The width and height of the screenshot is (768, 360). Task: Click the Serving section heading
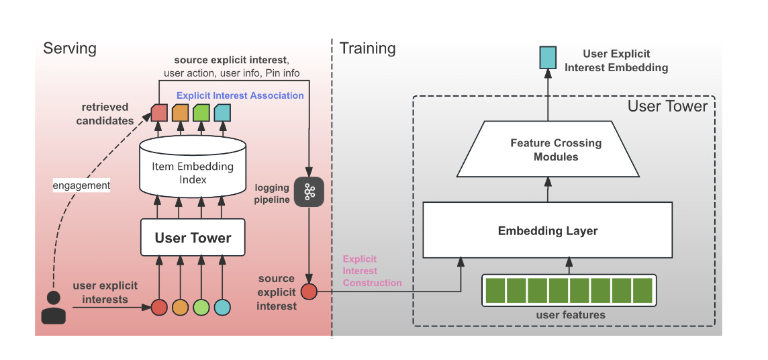click(x=70, y=48)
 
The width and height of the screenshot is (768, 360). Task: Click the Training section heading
click(x=367, y=48)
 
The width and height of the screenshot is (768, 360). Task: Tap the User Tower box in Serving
click(x=193, y=238)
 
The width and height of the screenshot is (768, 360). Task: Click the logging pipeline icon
click(x=309, y=193)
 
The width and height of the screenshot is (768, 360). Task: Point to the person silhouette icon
click(x=54, y=307)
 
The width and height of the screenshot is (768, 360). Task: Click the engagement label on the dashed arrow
click(x=81, y=184)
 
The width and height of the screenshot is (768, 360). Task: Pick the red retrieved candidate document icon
click(x=159, y=112)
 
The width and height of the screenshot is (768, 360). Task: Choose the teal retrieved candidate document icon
click(x=222, y=112)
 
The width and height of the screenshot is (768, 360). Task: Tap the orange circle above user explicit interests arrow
click(x=180, y=308)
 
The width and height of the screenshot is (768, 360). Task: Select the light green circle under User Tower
click(x=201, y=308)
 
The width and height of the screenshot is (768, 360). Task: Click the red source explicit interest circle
click(x=309, y=291)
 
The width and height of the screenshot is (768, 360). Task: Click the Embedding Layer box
click(x=547, y=231)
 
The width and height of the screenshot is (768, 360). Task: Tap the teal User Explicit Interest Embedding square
click(x=548, y=59)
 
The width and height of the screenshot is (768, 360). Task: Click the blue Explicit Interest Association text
click(x=240, y=95)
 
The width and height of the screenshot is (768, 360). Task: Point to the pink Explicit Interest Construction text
click(x=371, y=271)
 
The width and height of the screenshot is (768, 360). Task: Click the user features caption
click(x=571, y=314)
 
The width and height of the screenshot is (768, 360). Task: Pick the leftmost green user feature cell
click(x=495, y=290)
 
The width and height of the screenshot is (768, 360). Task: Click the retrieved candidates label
click(x=105, y=114)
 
